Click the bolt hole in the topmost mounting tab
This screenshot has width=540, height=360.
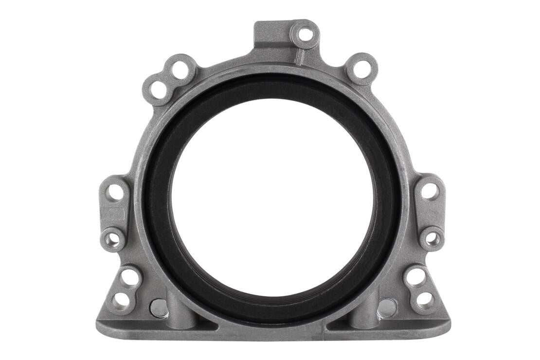(306, 35)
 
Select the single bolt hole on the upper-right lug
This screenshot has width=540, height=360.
(361, 69)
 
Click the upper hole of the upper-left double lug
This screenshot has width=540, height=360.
(180, 69)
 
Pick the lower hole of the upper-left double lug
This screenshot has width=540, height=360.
(159, 90)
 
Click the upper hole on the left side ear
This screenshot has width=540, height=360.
(115, 191)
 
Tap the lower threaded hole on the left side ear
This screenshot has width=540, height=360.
(113, 239)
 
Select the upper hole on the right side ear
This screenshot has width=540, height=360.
(429, 191)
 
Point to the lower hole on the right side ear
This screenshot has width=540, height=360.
(432, 239)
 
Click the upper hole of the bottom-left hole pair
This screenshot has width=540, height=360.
(130, 277)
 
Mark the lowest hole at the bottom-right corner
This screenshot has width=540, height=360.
(425, 299)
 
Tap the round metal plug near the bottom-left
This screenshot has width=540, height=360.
(158, 307)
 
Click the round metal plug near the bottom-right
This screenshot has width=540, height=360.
(387, 307)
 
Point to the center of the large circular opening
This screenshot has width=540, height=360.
(272, 199)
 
